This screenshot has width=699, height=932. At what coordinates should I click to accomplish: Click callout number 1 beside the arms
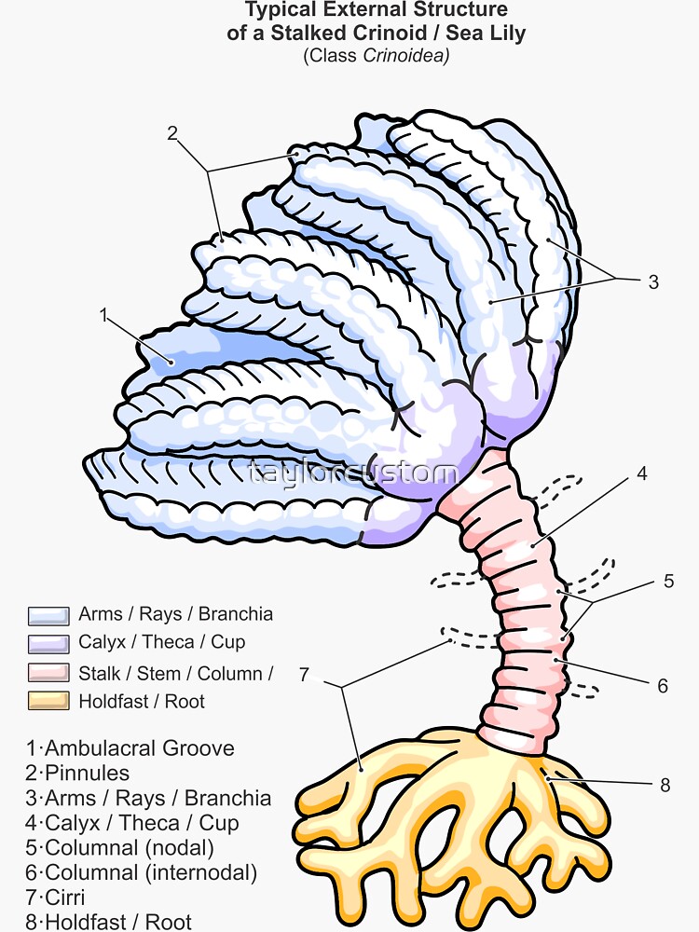point(103,316)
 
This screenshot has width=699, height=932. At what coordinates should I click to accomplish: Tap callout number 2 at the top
point(172,132)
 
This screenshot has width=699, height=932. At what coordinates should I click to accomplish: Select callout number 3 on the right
point(653,281)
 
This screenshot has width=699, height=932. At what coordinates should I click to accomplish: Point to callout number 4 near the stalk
point(642,473)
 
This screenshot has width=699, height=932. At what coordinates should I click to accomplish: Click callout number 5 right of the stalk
point(668,582)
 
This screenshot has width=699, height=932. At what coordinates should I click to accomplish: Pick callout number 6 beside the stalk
point(663,686)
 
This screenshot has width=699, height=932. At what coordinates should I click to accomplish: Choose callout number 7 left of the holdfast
point(304,674)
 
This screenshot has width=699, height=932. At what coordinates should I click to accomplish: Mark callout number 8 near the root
point(665,785)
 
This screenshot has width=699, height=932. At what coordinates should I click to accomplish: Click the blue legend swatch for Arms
point(48,615)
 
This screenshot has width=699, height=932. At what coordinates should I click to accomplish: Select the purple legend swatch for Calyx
point(48,643)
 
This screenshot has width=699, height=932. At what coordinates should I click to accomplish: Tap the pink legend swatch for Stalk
point(48,673)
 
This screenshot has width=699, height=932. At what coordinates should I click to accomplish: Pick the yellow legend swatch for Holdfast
point(48,701)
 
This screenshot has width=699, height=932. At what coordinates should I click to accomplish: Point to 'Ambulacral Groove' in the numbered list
point(140,747)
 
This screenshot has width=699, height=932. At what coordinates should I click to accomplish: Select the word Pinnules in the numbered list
point(88,773)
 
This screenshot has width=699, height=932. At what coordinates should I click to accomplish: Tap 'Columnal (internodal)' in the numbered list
point(151,873)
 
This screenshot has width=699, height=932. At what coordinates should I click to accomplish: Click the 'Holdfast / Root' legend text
point(142,701)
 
